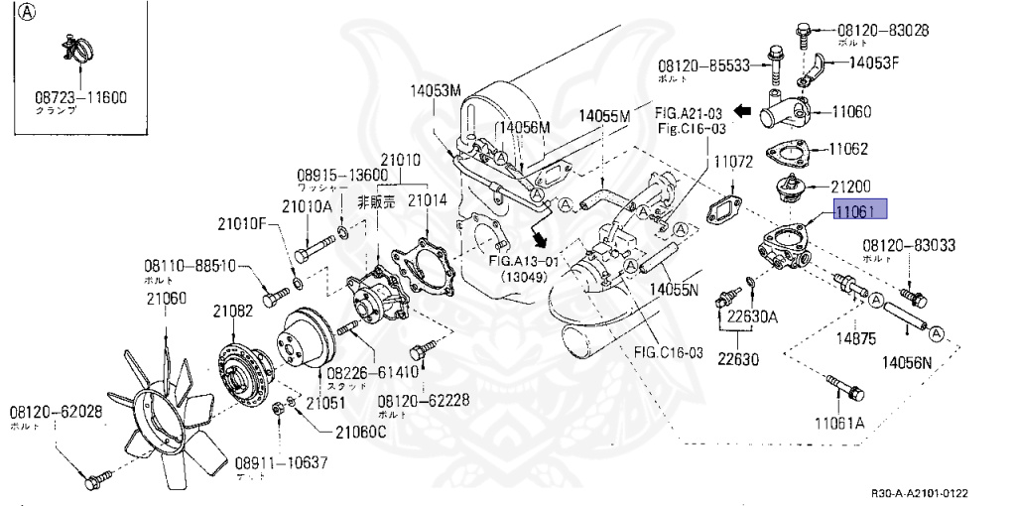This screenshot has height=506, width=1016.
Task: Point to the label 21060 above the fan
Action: [x=166, y=298]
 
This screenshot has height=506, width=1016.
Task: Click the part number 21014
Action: [x=428, y=200]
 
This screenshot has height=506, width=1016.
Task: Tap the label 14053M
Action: [x=437, y=92]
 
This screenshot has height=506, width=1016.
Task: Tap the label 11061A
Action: [x=840, y=423]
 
